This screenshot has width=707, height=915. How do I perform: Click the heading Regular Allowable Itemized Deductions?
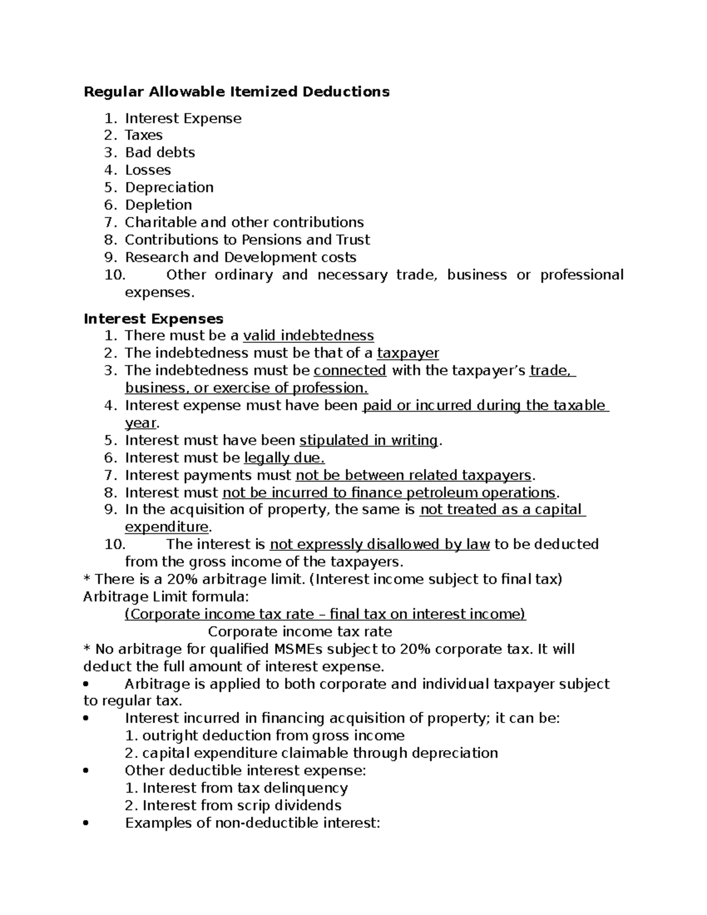[236, 91]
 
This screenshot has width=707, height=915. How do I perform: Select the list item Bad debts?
[160, 153]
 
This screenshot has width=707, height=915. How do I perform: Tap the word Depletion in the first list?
[158, 205]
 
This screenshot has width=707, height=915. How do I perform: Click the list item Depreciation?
[169, 187]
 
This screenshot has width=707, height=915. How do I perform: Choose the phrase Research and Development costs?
[240, 257]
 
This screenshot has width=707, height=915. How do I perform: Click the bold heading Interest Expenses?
[153, 319]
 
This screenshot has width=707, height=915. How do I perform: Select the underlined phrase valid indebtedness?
[308, 336]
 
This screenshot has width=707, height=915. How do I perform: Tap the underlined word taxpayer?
[408, 354]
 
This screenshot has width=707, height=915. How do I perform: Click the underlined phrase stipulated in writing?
[369, 441]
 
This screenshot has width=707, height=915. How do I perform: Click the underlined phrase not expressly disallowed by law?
[379, 544]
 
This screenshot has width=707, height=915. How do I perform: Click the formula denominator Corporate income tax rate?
[300, 632]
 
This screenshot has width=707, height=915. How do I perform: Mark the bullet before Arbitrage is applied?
[87, 685]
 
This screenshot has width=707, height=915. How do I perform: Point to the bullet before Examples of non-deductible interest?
[87, 824]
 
